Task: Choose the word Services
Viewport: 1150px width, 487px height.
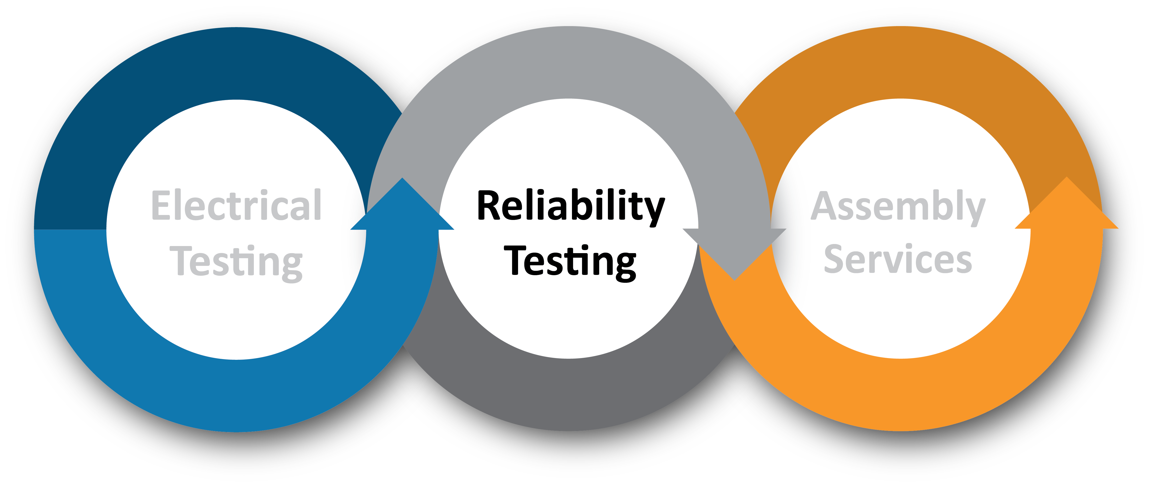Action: pyautogui.click(x=898, y=259)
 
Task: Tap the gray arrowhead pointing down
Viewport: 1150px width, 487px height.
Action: pyautogui.click(x=734, y=254)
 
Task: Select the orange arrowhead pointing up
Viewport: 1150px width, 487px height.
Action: pyautogui.click(x=1066, y=203)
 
